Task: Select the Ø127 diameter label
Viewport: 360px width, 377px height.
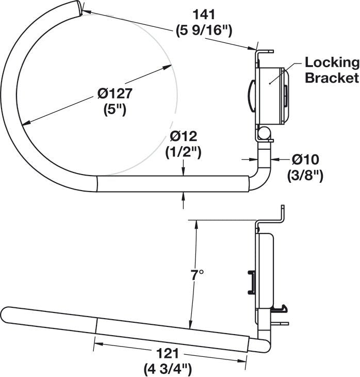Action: [115, 94]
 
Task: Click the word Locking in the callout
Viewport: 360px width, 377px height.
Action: [331, 64]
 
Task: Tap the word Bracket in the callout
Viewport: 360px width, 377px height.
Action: [331, 78]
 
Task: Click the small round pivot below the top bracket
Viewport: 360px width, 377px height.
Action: [264, 134]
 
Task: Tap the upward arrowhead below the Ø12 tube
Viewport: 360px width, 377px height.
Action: [185, 196]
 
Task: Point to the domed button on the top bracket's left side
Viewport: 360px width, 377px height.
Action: [251, 95]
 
